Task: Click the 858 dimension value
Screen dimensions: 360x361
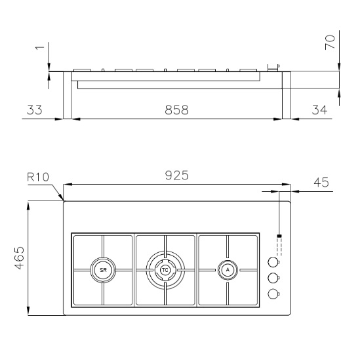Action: pos(177,110)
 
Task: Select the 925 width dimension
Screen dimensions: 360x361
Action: pos(177,175)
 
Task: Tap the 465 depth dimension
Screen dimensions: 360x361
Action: pos(19,258)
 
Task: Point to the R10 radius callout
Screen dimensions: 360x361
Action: pos(38,177)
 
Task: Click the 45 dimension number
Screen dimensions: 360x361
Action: pos(321,182)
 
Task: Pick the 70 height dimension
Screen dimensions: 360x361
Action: pos(330,42)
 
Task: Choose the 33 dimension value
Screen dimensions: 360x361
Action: pos(35,110)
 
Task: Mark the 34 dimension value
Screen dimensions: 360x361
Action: pos(319,110)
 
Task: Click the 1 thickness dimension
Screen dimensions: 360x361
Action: pos(39,47)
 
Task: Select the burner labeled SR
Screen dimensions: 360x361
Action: pos(103,270)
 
